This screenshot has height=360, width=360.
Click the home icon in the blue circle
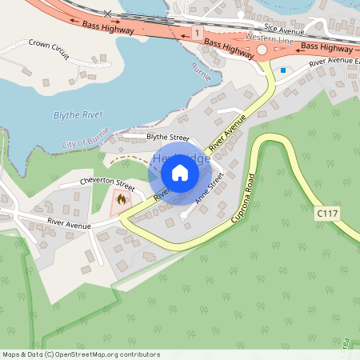pos(180,173)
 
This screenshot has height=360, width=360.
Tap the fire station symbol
pos(122,198)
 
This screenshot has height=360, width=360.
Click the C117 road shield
pos(325,214)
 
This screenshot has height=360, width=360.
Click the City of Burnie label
pos(83,143)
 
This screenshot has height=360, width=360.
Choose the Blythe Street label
pos(167,137)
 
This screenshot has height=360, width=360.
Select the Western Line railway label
pos(263,37)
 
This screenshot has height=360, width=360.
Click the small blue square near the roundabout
pos(282,70)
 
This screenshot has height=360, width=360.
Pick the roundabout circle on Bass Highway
pos(261,50)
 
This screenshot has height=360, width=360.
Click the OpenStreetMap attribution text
pos(81,354)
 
